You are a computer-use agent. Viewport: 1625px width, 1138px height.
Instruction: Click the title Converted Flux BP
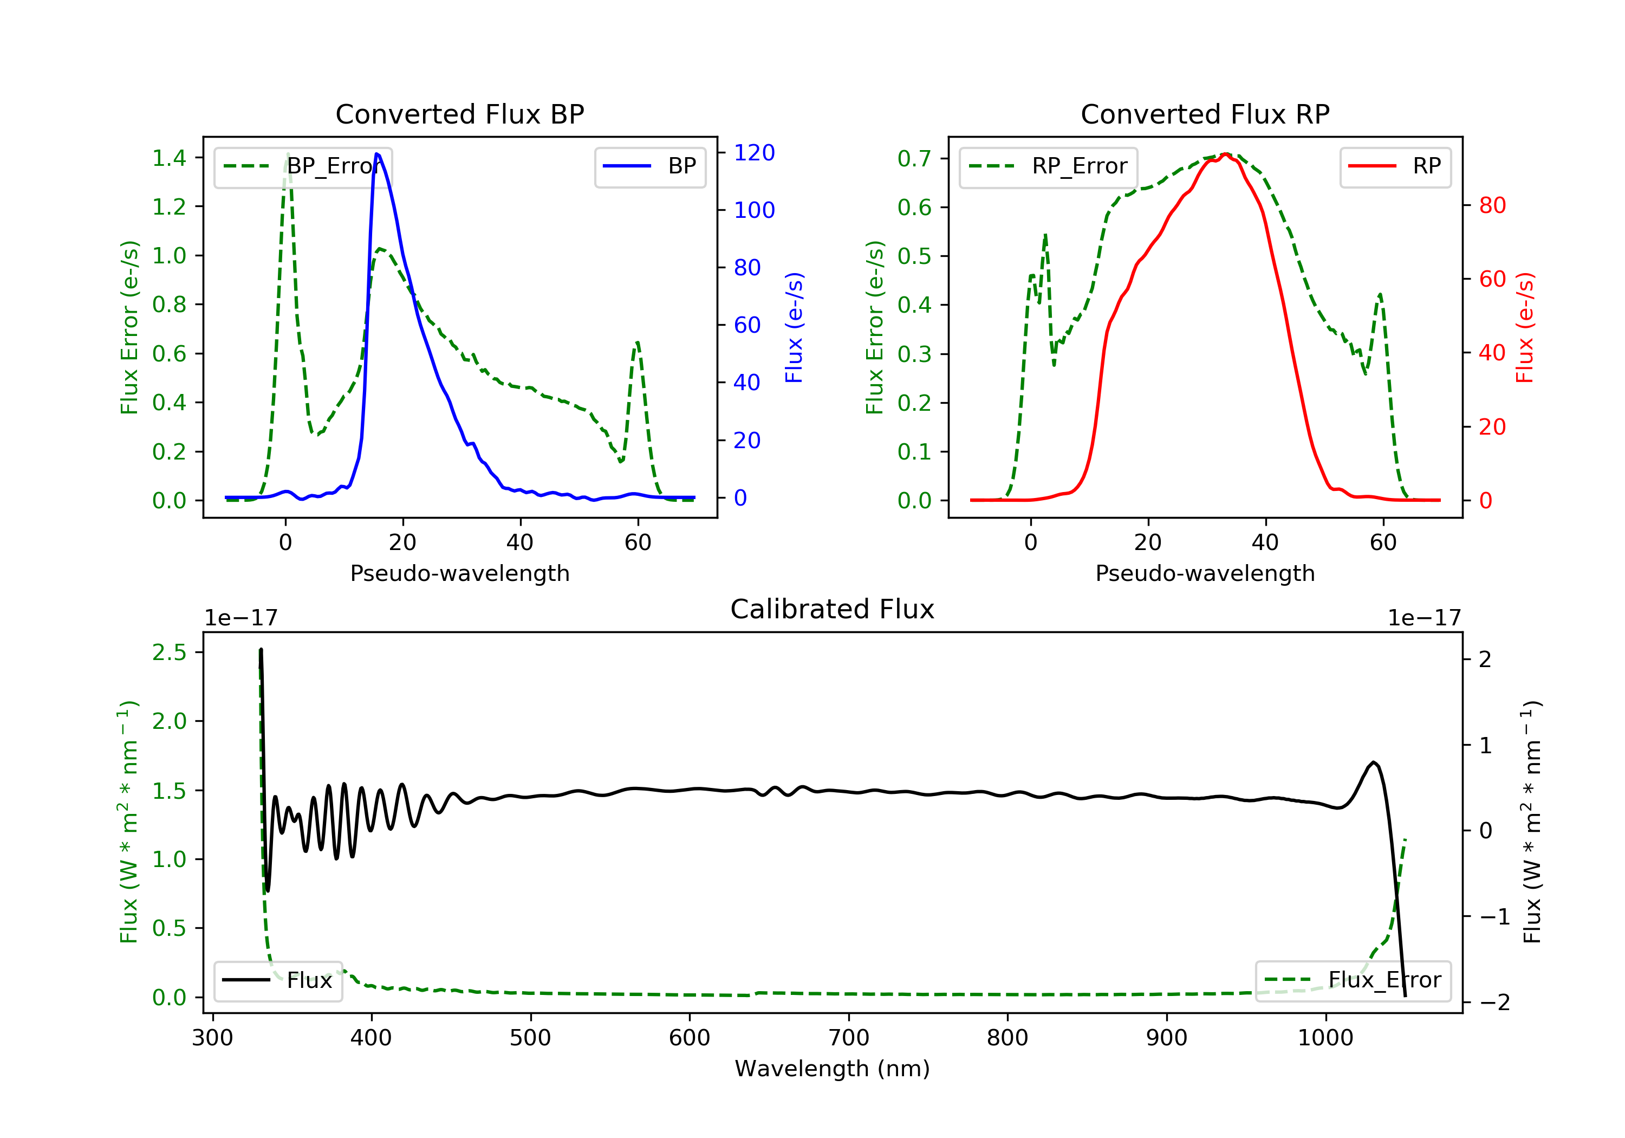tap(459, 114)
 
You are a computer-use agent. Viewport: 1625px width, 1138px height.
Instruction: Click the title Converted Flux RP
tap(1205, 114)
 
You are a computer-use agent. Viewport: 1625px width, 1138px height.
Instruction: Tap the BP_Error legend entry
tap(303, 166)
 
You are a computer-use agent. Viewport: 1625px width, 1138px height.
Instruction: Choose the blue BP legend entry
tap(649, 166)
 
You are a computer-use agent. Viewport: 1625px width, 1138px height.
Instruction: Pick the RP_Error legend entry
tap(1048, 166)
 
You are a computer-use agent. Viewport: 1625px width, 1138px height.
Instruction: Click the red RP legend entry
tap(1395, 166)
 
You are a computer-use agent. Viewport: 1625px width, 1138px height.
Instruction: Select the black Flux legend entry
tap(277, 980)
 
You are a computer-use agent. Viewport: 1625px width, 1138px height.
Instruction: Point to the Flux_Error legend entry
tap(1353, 980)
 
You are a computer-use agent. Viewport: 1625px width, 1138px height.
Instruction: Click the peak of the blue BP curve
tap(376, 154)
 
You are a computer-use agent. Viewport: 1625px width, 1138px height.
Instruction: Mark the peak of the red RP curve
tap(1225, 154)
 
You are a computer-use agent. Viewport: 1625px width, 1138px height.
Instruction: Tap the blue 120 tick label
tap(754, 153)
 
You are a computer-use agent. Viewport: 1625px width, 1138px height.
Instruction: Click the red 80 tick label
tap(1492, 205)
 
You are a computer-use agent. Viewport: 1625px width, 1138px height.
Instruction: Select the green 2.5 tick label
tap(169, 652)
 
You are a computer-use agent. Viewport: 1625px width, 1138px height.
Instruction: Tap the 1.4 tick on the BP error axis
tap(169, 158)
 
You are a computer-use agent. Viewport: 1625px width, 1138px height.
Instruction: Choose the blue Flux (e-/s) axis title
tap(794, 327)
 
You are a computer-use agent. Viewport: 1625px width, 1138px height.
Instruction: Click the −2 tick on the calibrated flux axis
tap(1494, 1003)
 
